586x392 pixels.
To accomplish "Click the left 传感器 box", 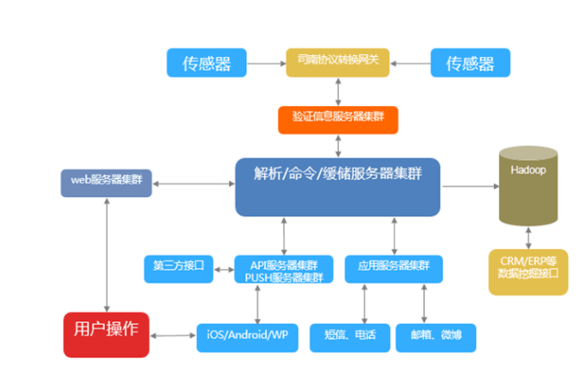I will point(205,62).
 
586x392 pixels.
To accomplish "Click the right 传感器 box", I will point(469,62).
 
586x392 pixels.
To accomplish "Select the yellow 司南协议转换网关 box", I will point(337,61).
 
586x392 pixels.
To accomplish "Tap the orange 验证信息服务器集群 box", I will point(337,120).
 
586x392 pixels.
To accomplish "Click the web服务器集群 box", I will point(107,182).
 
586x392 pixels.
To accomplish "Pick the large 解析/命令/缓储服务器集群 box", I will point(337,186).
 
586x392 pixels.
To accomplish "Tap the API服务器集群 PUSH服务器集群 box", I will point(284,270).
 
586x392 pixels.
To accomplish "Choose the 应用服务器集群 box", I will point(394,268).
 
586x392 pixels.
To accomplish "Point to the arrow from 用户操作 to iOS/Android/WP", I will point(172,335).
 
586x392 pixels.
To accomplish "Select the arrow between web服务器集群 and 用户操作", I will point(107,254).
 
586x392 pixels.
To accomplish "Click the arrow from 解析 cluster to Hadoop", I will point(469,184).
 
